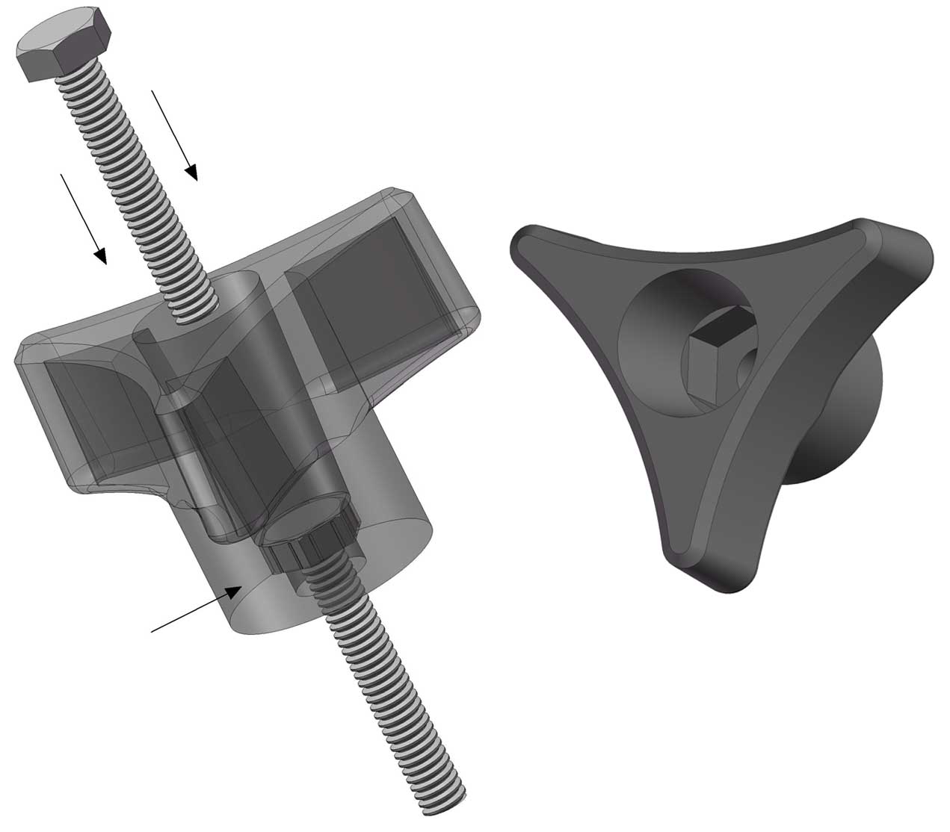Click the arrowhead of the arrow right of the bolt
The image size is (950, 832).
pyautogui.click(x=192, y=174)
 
